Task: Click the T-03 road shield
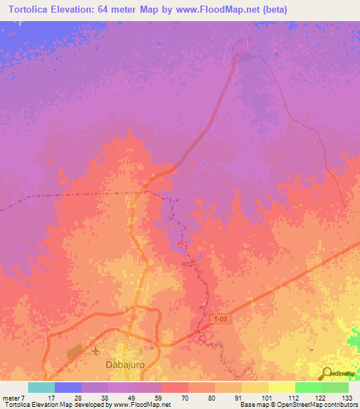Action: [221, 319]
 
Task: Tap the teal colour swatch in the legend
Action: [41, 387]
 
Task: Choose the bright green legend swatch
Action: [308, 387]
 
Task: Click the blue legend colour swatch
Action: [68, 387]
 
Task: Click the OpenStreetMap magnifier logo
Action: [327, 373]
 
